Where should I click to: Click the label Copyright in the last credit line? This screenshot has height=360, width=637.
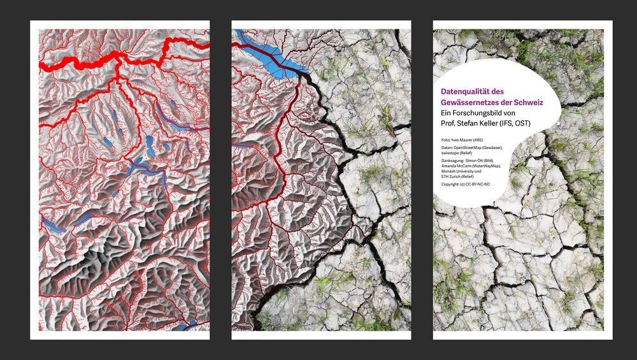tap(450, 184)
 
